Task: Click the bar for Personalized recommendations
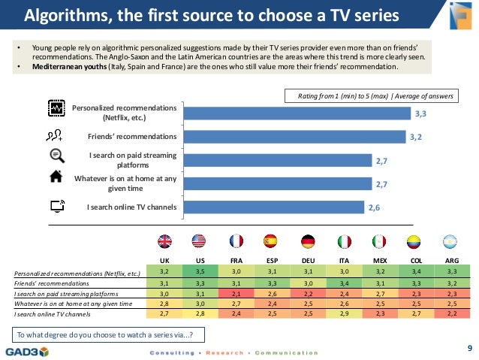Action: click(297, 113)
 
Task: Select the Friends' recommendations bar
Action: click(294, 137)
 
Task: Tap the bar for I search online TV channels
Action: click(274, 207)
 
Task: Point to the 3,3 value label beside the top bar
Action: click(420, 113)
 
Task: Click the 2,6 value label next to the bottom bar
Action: click(374, 207)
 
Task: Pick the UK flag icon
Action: click(164, 241)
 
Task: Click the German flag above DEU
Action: click(308, 241)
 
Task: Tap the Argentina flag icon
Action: click(450, 241)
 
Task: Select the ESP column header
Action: click(273, 261)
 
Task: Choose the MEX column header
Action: click(380, 261)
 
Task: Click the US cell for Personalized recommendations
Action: click(200, 271)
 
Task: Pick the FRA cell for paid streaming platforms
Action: click(236, 294)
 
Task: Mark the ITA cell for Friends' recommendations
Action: click(344, 283)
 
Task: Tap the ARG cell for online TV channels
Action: click(452, 314)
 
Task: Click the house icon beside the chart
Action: click(56, 177)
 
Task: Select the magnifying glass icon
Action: click(57, 156)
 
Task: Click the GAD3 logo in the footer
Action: click(27, 352)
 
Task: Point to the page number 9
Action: click(469, 348)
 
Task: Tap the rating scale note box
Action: click(372, 96)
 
